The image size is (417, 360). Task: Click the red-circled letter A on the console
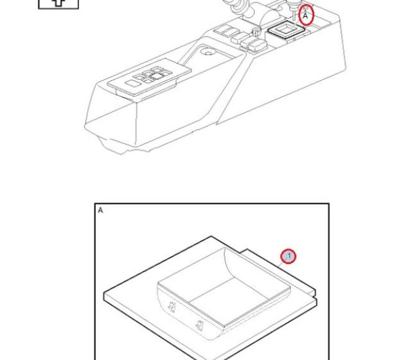pos(306,16)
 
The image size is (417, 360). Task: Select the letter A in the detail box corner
pos(100,210)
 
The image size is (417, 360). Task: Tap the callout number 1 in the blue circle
pos(289,256)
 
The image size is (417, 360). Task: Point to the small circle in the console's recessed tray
pos(208,52)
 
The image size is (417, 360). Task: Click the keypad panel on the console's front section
pos(149,77)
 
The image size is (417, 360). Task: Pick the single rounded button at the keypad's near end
pos(133,83)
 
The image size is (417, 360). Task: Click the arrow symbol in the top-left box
pos(59,2)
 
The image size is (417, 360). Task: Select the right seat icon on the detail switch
pos(199,325)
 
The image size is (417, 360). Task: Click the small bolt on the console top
pos(256,32)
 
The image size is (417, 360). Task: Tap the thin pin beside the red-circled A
pos(294,12)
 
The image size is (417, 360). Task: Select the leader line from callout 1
pos(280,265)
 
